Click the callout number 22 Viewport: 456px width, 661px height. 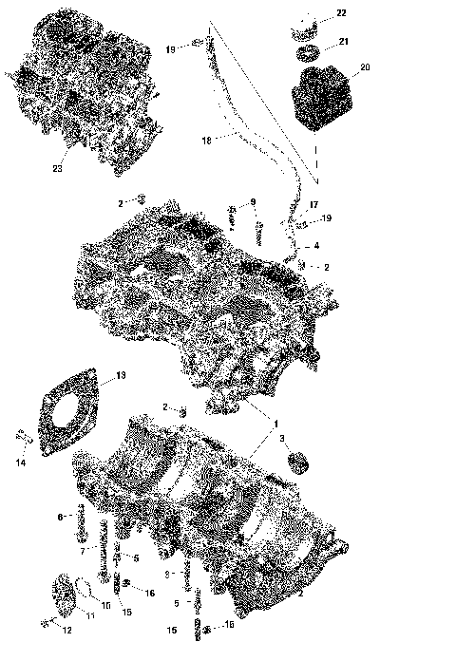click(x=341, y=12)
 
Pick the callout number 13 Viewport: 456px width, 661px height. click(x=120, y=376)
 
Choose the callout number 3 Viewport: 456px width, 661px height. click(x=281, y=438)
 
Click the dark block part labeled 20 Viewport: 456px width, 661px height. click(x=322, y=97)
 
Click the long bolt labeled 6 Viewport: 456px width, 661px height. click(x=81, y=519)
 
